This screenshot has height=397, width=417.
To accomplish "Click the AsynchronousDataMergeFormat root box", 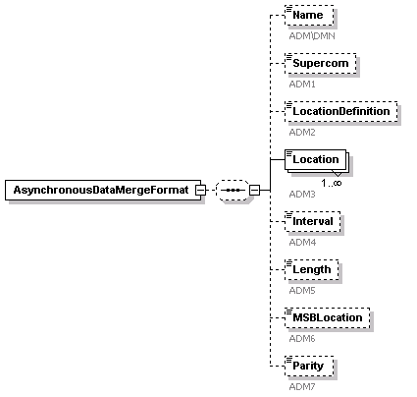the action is point(103,190).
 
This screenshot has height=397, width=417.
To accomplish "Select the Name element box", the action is point(309,15).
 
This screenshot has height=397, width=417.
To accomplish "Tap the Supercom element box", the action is point(321,63).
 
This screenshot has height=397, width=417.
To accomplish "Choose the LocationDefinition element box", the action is point(341,111).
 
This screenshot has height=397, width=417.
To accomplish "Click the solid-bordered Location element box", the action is point(315,159).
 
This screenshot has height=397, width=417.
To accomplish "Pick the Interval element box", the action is point(313,221).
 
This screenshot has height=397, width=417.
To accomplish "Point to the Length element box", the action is point(312,269).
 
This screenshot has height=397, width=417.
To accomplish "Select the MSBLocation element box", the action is point(328,317).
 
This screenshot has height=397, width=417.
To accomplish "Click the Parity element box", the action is point(309,366).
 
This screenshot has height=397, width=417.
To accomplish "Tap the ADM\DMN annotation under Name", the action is point(312,35).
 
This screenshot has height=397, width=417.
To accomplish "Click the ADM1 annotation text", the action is point(302,85).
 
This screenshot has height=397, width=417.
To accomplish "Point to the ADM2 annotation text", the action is point(302,133).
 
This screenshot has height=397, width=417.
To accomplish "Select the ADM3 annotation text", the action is point(302,195).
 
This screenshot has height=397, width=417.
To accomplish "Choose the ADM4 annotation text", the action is point(302,243).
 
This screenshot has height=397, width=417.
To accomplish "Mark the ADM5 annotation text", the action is point(302,291).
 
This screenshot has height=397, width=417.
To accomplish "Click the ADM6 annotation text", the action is point(302,339).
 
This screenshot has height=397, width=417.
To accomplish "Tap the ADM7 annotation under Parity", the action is point(302,387).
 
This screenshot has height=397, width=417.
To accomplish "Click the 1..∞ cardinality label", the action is point(332,183).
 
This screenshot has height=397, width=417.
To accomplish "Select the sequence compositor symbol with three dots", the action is point(233,190).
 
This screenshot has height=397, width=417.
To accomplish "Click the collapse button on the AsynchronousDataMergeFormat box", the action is point(200,190).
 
